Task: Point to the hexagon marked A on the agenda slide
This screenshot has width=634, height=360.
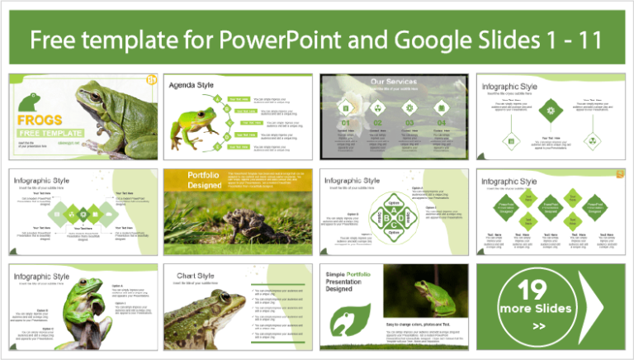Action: point(216,98)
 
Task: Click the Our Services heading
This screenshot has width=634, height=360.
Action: point(393,82)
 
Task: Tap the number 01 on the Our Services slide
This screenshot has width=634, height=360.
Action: point(346,123)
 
